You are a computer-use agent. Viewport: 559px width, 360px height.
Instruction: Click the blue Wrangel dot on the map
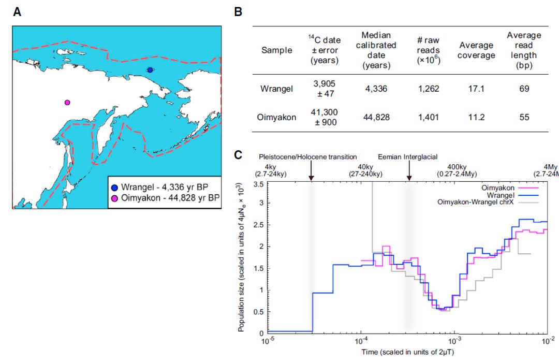[150, 70]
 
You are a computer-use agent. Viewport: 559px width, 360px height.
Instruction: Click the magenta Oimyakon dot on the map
[67, 103]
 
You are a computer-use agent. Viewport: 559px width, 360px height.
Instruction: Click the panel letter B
[238, 12]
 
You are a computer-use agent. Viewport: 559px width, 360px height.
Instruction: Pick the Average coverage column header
[476, 50]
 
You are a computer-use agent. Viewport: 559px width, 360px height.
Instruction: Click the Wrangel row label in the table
[276, 89]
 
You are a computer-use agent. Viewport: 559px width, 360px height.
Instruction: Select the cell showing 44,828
[376, 117]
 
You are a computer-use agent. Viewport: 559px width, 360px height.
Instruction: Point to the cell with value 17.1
[476, 89]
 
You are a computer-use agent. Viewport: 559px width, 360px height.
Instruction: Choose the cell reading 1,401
[428, 117]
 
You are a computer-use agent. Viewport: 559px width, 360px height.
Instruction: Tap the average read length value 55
[524, 117]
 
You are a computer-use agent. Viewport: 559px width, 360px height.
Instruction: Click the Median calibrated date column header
[376, 50]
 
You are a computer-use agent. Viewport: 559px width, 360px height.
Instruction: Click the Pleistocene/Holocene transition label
[308, 156]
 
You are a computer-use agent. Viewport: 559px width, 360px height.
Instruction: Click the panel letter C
[238, 154]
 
